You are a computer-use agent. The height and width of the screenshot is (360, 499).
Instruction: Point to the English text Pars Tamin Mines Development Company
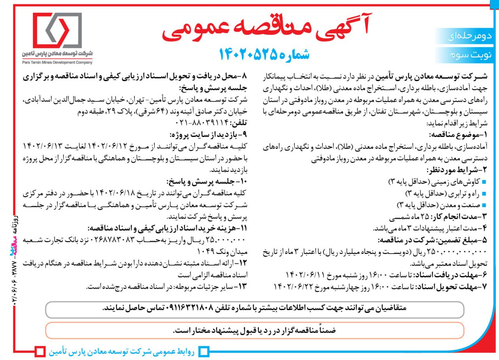tap(57, 62)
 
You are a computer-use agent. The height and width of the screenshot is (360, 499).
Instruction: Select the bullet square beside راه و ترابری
tap(484, 193)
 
